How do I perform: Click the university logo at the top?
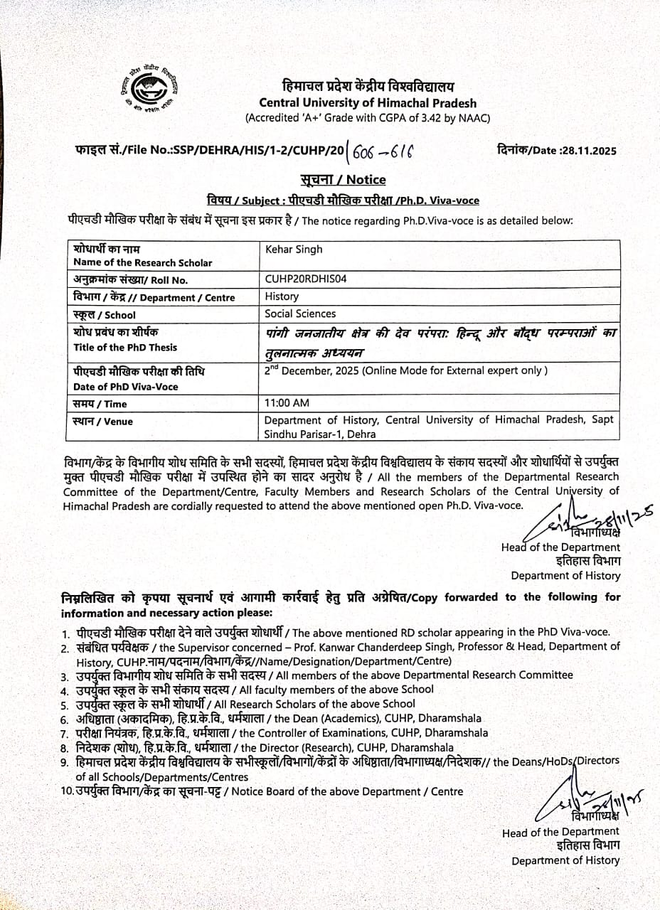click(x=152, y=90)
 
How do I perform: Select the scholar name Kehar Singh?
click(x=294, y=249)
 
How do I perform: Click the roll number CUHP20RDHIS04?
click(x=306, y=279)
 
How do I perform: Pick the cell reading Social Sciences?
click(x=300, y=314)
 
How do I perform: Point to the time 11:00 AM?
click(x=287, y=403)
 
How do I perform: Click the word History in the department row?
click(x=282, y=296)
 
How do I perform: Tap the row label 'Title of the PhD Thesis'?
click(x=125, y=348)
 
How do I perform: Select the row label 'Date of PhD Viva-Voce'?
click(x=126, y=387)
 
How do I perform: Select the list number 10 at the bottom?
click(x=68, y=791)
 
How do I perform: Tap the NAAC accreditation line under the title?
click(x=368, y=118)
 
